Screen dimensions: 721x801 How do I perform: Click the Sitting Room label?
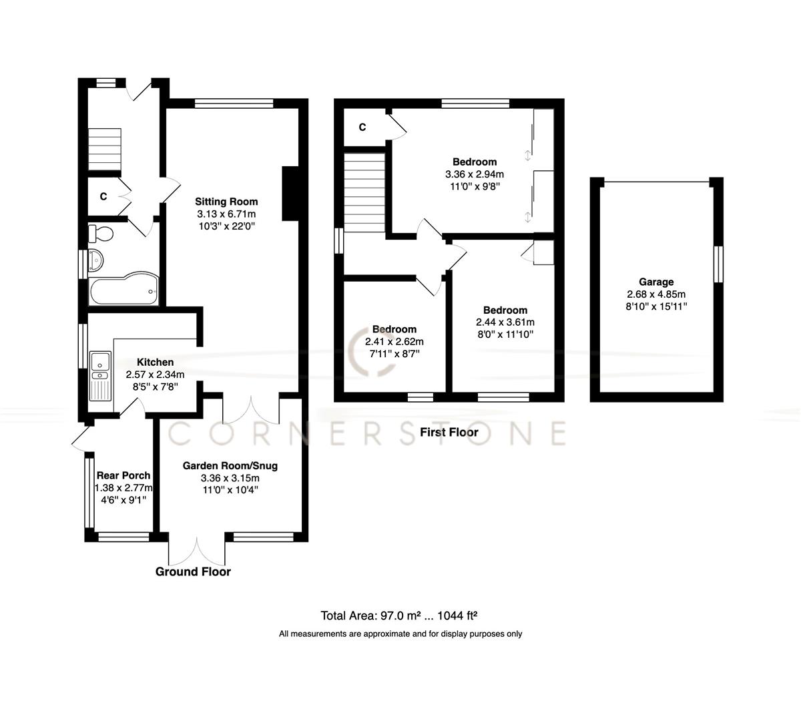[x=226, y=202]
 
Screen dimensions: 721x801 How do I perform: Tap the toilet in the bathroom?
[x=101, y=234]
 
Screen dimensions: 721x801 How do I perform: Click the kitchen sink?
[x=101, y=363]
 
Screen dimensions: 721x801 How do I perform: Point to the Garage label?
[x=655, y=282]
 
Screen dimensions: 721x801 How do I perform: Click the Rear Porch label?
[x=123, y=475]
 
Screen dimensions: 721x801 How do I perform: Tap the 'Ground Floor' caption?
[x=193, y=571]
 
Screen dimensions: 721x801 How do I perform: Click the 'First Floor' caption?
[x=449, y=433]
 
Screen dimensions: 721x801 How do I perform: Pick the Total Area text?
[x=400, y=616]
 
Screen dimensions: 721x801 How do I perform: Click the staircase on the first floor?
[x=364, y=192]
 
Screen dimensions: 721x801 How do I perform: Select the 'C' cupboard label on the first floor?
[x=362, y=128]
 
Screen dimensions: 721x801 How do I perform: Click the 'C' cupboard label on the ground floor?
[x=103, y=197]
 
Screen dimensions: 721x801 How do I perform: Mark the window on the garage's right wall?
[x=719, y=264]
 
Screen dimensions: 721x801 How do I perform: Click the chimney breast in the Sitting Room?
[x=290, y=193]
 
